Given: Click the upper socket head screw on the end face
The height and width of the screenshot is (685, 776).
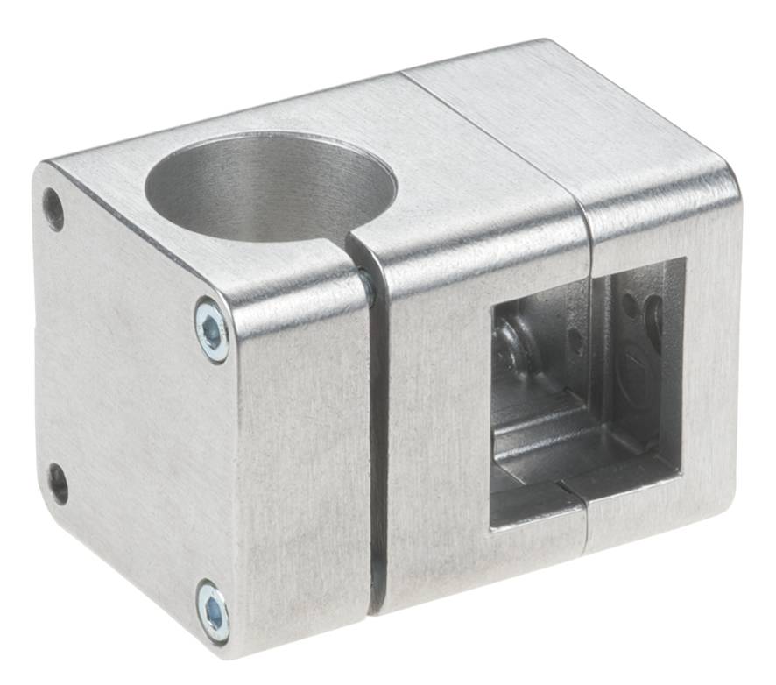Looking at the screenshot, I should pyautogui.click(x=212, y=329).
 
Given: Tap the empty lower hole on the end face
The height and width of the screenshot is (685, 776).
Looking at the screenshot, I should pyautogui.click(x=58, y=484).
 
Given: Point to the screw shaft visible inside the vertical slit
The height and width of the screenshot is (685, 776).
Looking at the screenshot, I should pyautogui.click(x=368, y=289).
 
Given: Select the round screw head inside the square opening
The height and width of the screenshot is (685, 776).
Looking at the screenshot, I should pyautogui.click(x=512, y=346).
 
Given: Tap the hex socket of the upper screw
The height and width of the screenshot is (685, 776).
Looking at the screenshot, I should pyautogui.click(x=212, y=329).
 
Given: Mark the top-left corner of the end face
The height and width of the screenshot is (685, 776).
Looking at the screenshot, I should pyautogui.click(x=44, y=171).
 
